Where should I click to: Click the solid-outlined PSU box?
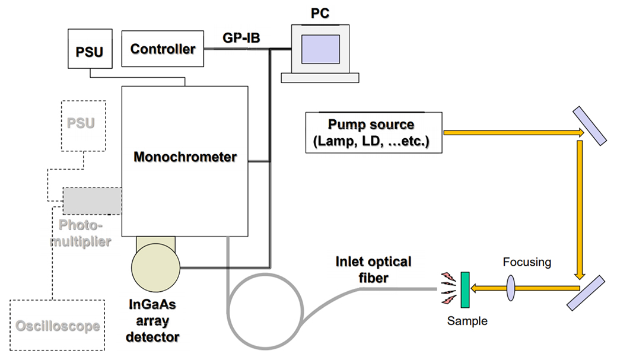(90, 52)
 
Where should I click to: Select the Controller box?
(163, 49)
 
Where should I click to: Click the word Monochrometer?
(185, 157)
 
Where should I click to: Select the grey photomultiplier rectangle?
(92, 201)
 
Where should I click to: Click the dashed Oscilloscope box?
(57, 326)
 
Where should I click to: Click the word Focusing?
(526, 262)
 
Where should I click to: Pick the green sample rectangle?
(465, 289)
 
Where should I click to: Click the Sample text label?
(467, 321)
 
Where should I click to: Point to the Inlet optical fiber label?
(373, 269)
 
